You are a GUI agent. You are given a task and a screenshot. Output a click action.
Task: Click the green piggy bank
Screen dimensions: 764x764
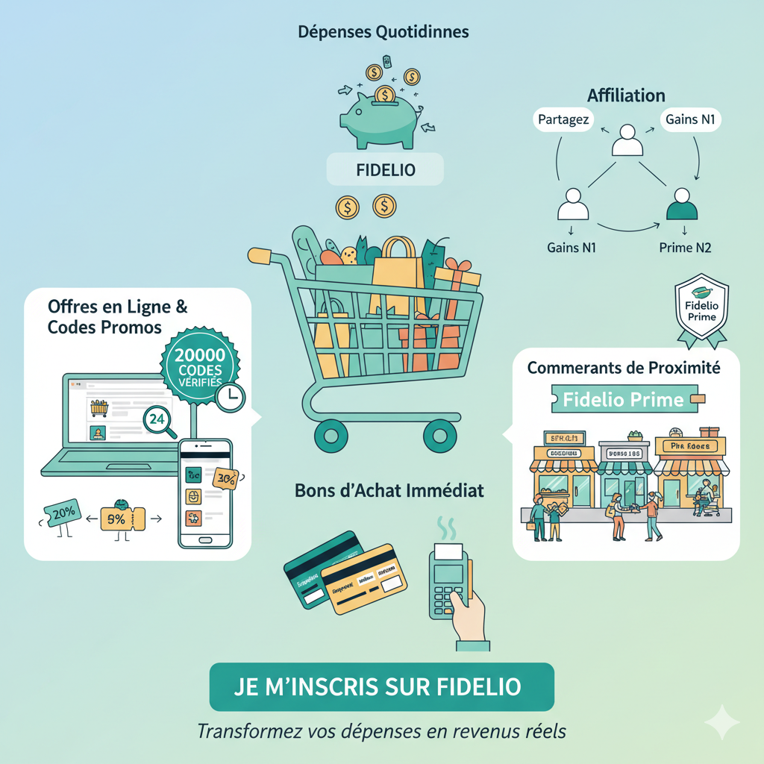pyautogui.click(x=379, y=119)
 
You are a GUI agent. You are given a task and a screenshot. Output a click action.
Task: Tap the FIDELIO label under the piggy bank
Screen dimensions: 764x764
pyautogui.click(x=385, y=171)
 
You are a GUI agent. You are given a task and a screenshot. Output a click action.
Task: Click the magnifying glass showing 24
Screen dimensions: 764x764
pyautogui.click(x=160, y=420)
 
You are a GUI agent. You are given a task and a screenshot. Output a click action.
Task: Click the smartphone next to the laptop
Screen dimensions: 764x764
pyautogui.click(x=205, y=492)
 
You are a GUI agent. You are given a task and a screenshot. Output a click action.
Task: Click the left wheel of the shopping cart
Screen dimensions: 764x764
pyautogui.click(x=331, y=434)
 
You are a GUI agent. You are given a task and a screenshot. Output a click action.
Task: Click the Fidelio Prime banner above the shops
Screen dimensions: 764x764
pyautogui.click(x=624, y=399)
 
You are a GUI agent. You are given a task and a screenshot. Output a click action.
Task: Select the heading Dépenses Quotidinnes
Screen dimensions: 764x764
pyautogui.click(x=383, y=33)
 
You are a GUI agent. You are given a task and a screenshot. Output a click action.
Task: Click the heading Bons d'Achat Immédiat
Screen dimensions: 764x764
pyautogui.click(x=389, y=491)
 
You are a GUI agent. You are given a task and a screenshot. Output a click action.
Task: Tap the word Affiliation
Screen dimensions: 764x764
pyautogui.click(x=626, y=95)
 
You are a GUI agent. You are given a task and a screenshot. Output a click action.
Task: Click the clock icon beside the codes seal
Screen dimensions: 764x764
pyautogui.click(x=231, y=396)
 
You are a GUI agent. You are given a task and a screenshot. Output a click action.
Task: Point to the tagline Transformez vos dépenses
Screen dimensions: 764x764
pyautogui.click(x=381, y=731)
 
